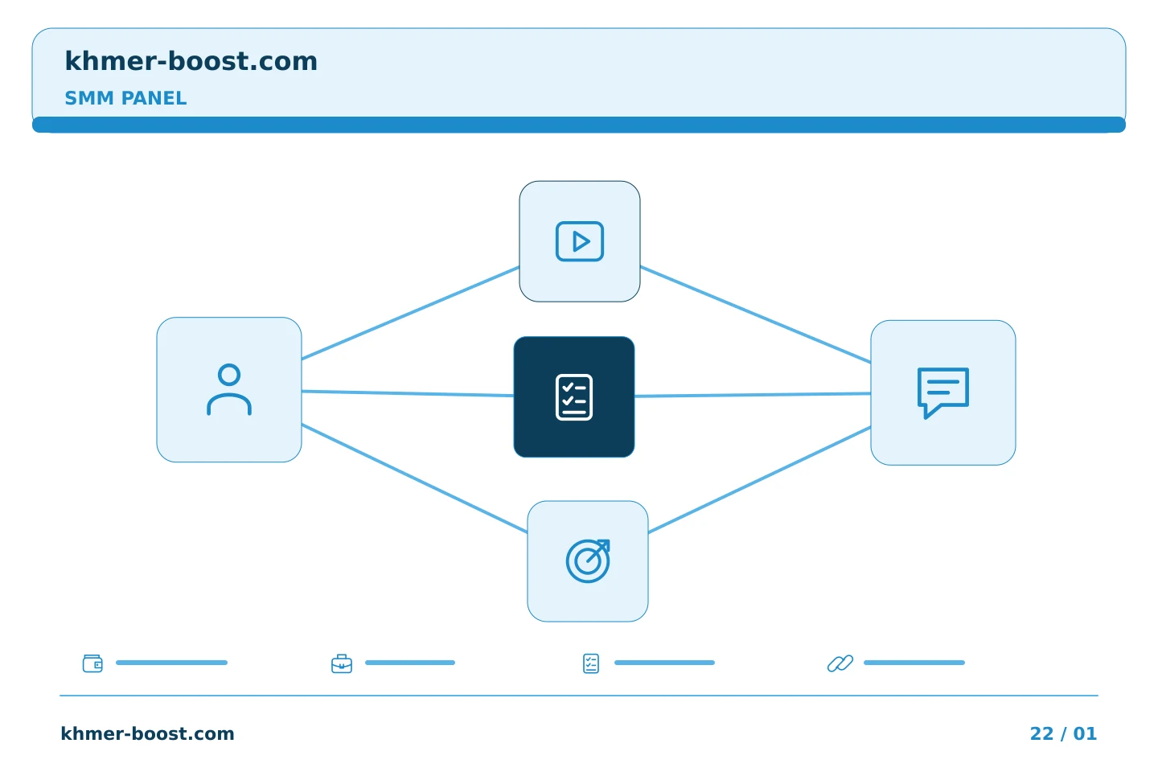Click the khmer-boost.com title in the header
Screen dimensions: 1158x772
tap(191, 61)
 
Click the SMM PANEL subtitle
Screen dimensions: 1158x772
tap(125, 98)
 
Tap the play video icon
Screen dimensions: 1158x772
tap(580, 241)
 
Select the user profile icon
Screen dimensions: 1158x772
tap(229, 390)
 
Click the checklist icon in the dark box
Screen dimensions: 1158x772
tap(574, 397)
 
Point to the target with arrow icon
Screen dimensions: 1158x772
tap(588, 561)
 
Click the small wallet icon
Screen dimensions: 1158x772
tap(92, 663)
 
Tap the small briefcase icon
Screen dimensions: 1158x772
tap(342, 663)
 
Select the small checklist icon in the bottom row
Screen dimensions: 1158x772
tap(591, 663)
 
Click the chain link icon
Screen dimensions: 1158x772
tap(840, 663)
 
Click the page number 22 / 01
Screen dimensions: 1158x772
tap(1063, 733)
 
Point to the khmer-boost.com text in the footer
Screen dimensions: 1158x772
tap(147, 733)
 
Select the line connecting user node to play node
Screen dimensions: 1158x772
tap(410, 313)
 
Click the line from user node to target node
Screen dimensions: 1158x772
tap(415, 478)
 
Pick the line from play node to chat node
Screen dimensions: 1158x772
tap(755, 314)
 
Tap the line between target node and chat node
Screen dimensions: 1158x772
tap(759, 479)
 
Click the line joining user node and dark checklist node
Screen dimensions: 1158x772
tap(408, 393)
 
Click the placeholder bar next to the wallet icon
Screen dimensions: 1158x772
tap(171, 663)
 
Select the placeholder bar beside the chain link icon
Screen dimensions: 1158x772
tap(914, 663)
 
